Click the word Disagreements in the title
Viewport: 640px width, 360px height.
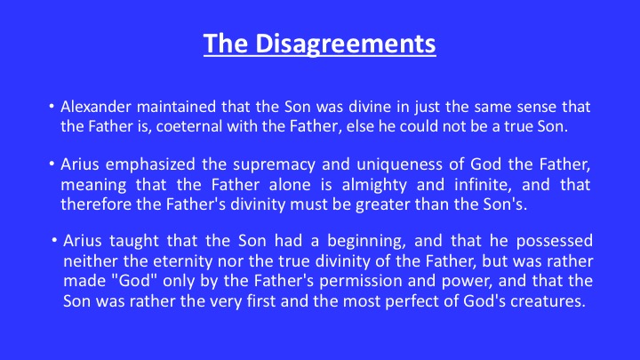345,44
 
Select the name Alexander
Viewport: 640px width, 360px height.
96,107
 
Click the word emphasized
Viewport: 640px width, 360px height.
150,164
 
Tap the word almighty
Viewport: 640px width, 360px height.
374,185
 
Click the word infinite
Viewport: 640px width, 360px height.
483,185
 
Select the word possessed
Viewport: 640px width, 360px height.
555,242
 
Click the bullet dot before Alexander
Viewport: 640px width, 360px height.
52,107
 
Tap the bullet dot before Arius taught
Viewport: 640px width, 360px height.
54,240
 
